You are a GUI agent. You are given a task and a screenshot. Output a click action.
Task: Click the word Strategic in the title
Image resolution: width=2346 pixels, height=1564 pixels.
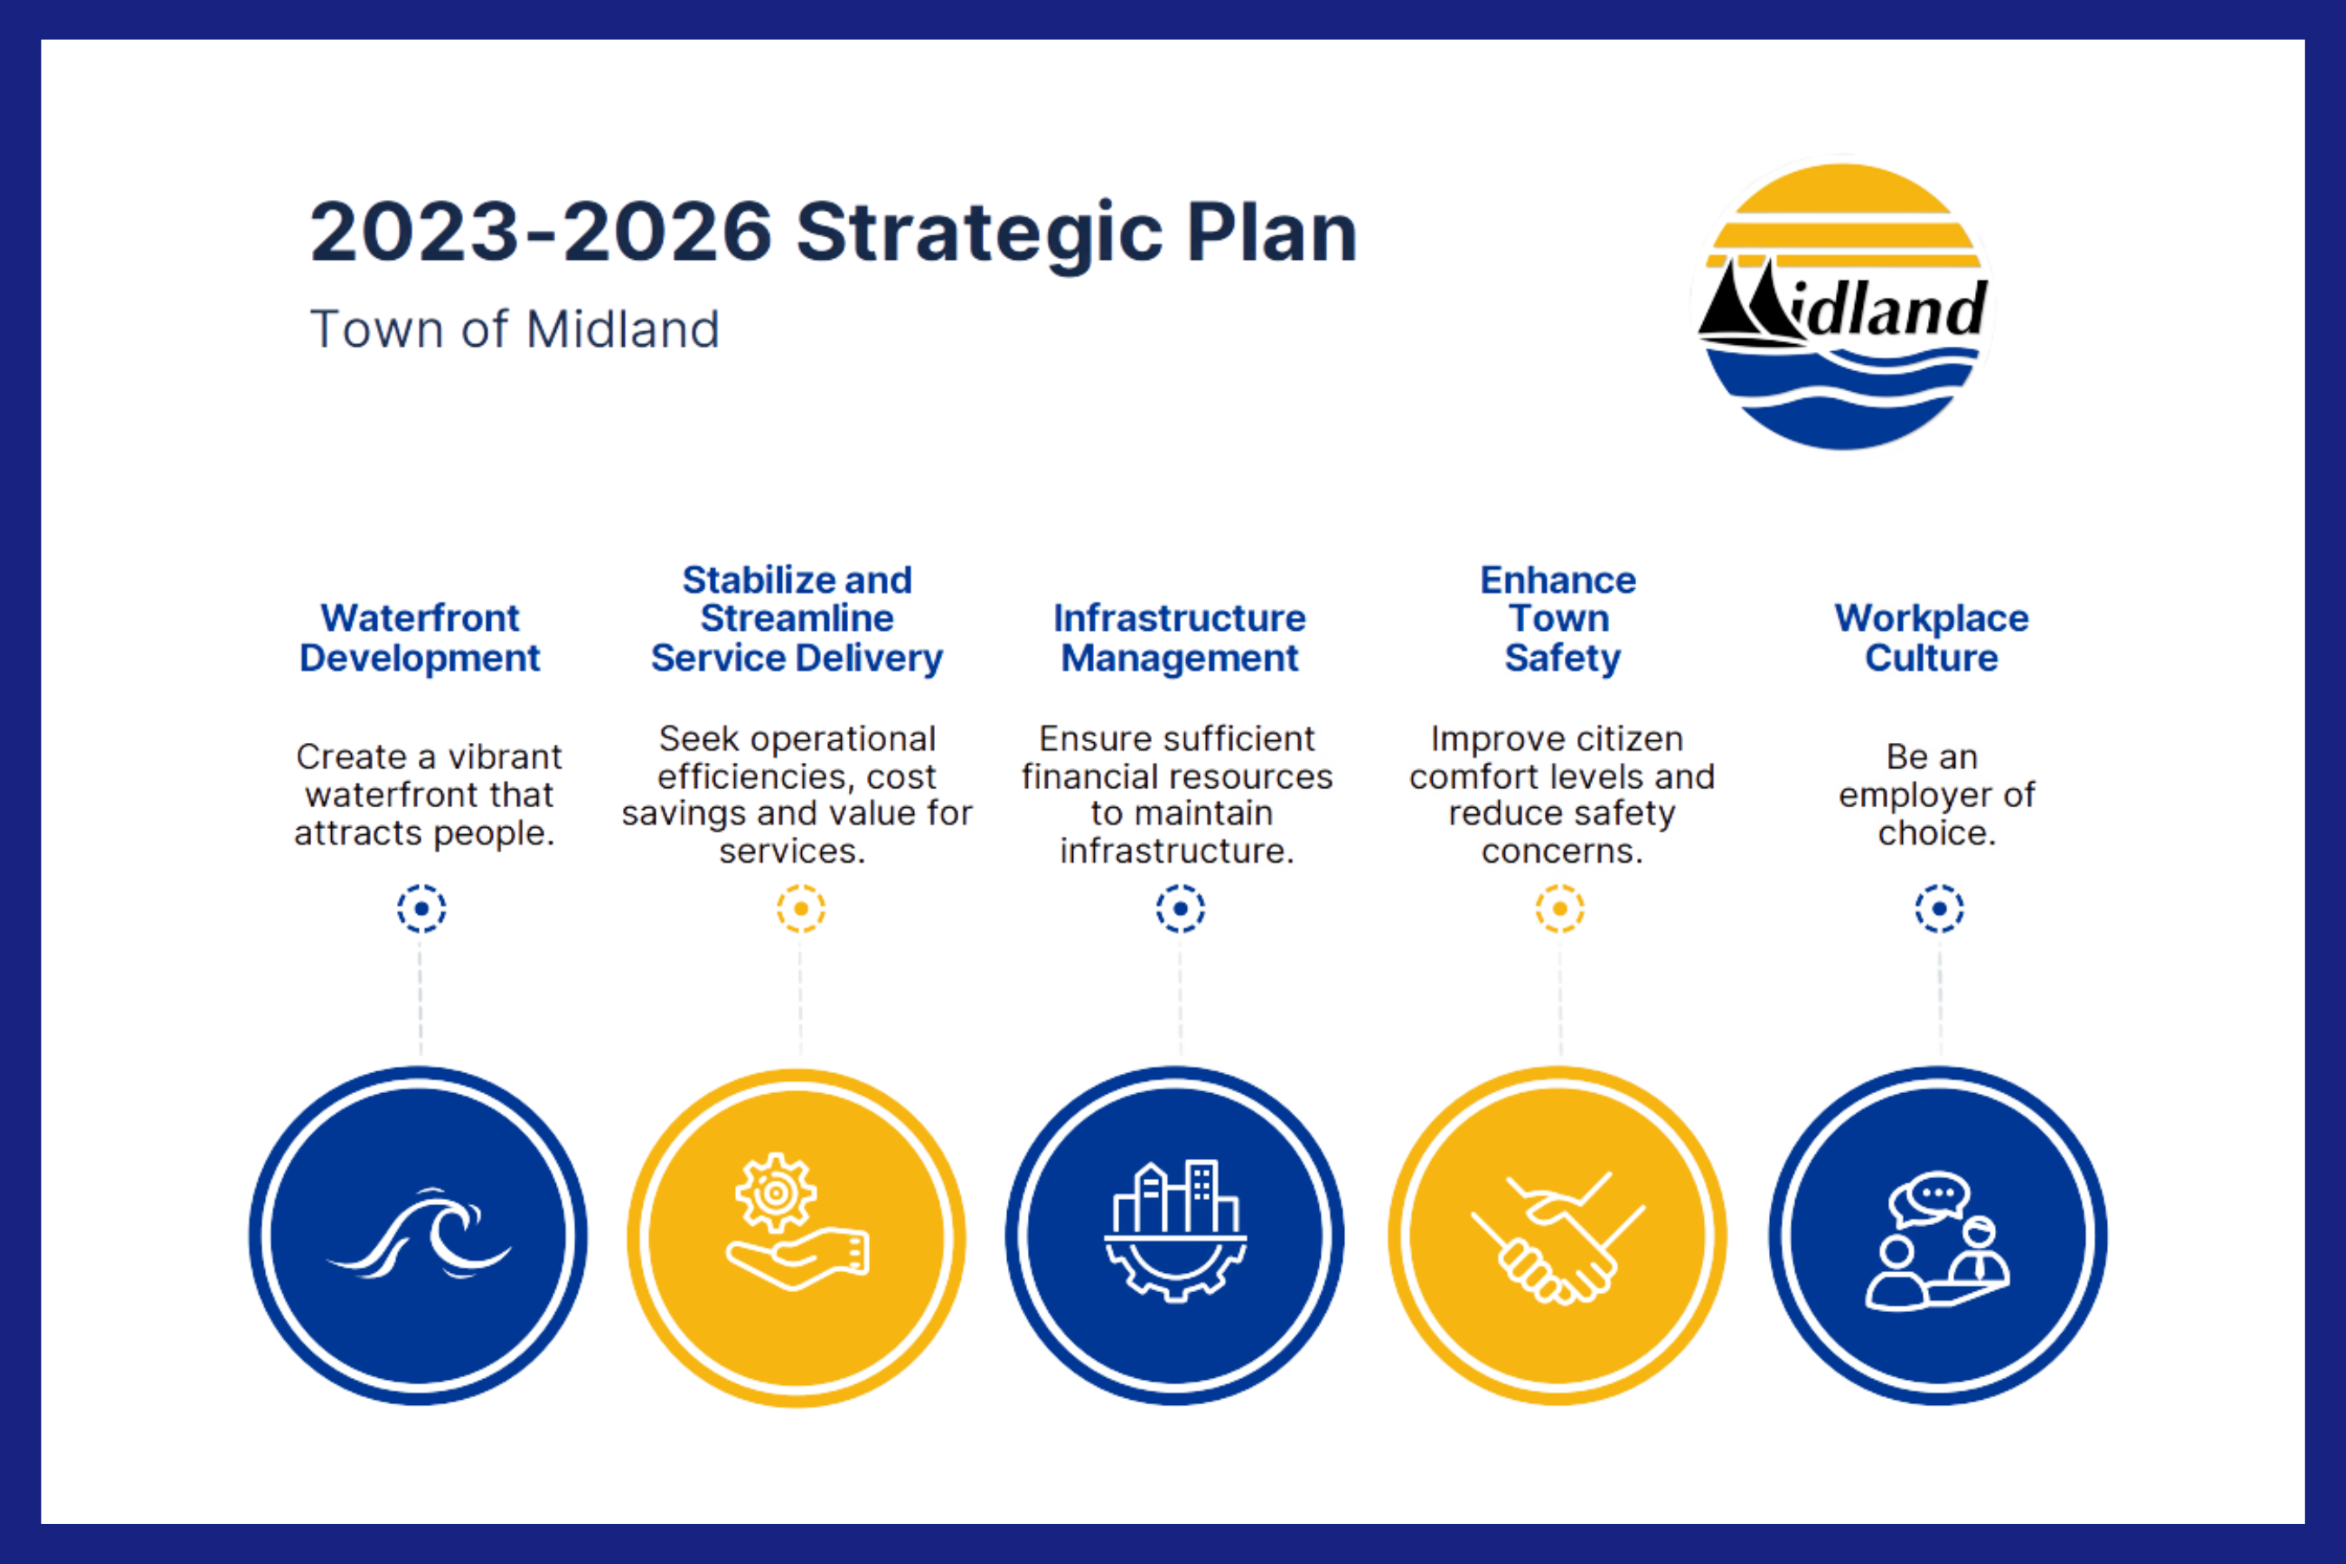click(979, 235)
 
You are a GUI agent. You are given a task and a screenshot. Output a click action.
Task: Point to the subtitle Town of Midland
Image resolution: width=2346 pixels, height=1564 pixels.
click(514, 329)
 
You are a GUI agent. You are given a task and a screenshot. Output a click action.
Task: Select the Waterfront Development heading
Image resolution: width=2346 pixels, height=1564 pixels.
click(420, 639)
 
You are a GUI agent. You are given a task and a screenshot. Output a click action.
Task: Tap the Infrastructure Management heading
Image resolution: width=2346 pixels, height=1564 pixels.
click(1180, 639)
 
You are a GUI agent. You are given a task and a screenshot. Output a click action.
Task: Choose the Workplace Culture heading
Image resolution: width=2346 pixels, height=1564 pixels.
click(1932, 639)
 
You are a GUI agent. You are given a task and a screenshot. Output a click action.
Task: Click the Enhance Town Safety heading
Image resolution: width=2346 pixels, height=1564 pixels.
click(1559, 620)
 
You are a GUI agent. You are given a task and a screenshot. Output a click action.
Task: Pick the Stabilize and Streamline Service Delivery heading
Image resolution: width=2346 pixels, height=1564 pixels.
click(797, 620)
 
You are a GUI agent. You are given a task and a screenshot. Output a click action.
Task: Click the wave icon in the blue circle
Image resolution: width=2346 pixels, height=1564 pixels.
click(419, 1234)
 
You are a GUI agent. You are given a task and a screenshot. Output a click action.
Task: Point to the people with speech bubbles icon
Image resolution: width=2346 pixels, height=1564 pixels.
click(1938, 1241)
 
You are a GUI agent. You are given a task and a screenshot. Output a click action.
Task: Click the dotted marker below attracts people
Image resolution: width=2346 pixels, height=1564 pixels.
click(421, 909)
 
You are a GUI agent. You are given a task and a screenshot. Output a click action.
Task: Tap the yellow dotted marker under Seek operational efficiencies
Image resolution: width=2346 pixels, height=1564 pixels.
click(801, 909)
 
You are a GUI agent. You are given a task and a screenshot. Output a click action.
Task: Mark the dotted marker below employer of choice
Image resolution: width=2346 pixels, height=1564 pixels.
click(1939, 909)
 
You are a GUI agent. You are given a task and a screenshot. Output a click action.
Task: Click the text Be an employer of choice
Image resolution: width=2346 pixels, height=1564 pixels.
click(1936, 795)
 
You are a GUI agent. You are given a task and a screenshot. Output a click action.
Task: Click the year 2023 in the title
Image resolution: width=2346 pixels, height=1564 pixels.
click(413, 235)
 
